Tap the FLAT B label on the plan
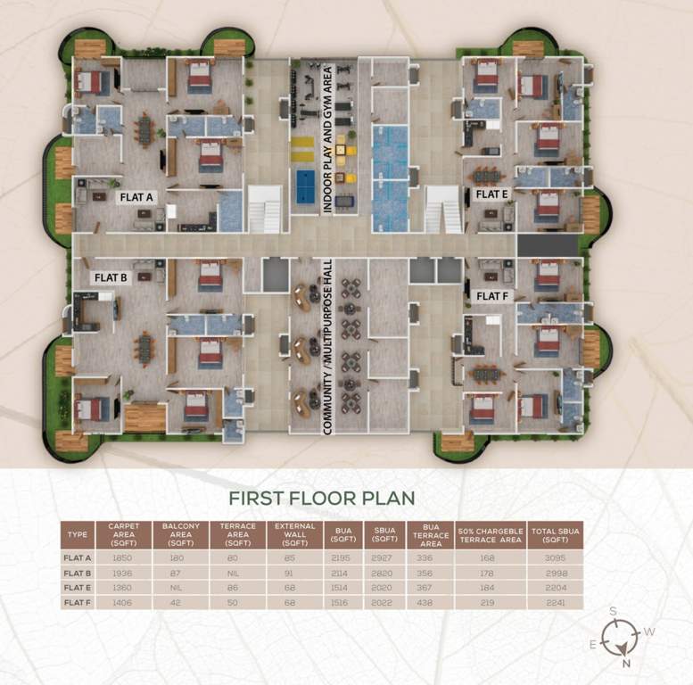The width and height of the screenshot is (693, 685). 111,277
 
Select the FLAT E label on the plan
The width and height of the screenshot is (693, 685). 491,194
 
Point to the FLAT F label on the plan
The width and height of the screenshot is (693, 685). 491,295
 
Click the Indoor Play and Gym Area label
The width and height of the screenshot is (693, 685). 326,137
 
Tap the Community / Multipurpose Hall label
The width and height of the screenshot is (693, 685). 327,355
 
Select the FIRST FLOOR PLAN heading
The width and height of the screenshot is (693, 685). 321,498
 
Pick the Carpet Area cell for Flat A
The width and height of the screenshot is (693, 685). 122,557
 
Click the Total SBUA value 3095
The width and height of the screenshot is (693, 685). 556,557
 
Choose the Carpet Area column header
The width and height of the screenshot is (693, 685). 122,533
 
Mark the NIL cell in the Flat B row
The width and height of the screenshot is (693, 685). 237,573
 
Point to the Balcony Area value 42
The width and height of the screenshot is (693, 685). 181,602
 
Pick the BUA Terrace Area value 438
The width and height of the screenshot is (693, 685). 429,602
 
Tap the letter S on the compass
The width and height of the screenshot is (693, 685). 613,611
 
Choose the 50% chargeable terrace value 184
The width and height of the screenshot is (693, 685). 491,588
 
